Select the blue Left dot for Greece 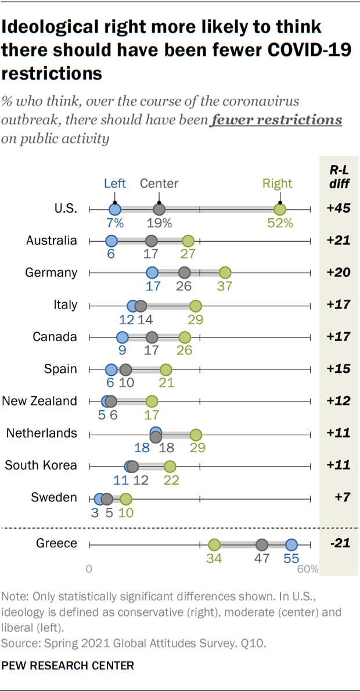coord(291,544)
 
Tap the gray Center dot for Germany coord(185,273)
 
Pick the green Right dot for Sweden coord(125,499)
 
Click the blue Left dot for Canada coord(122,338)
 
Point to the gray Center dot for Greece coord(262,544)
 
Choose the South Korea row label coord(41,465)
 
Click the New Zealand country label coord(39,401)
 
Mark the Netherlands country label coord(41,433)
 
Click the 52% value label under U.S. coord(280,223)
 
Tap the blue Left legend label coord(115,184)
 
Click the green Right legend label coord(277,184)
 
